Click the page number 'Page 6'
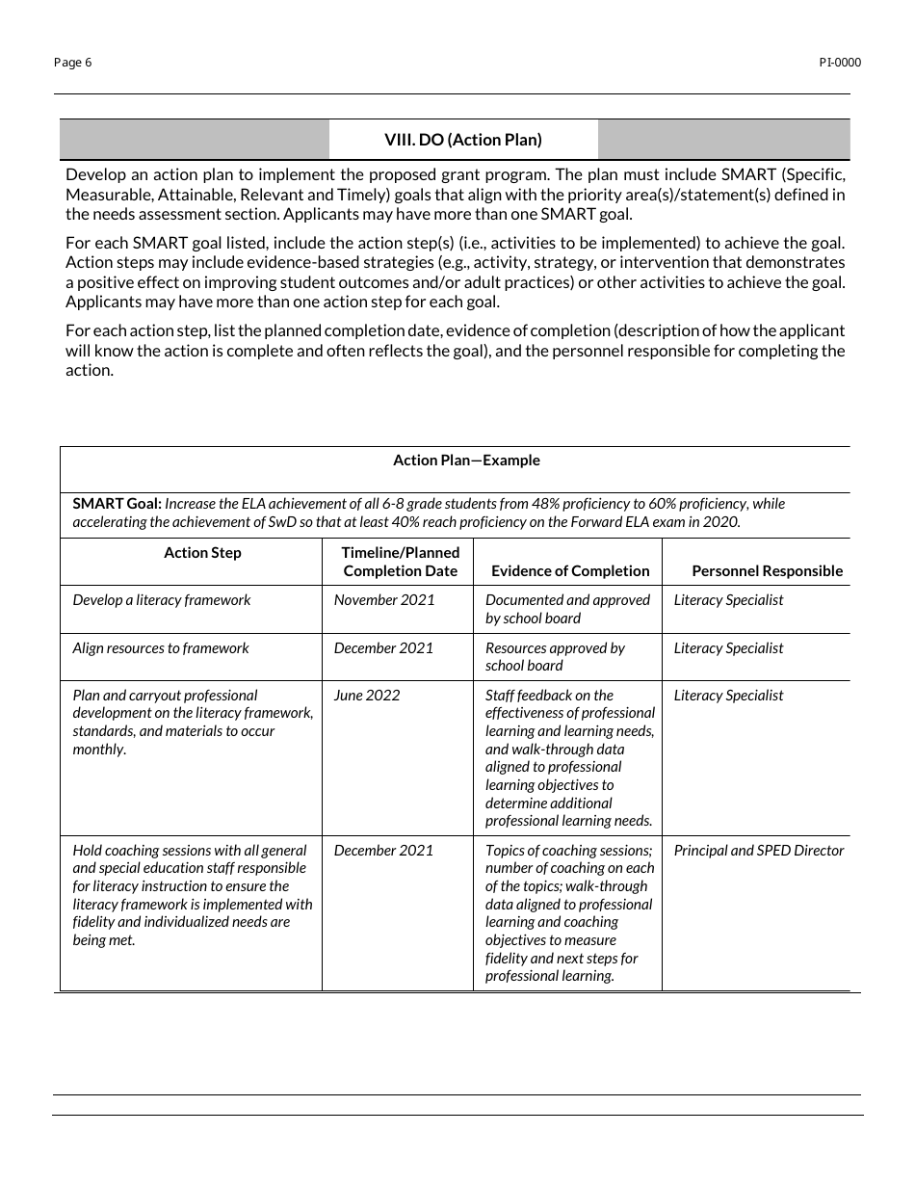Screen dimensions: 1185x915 click(x=73, y=63)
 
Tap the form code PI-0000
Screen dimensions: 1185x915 click(x=840, y=63)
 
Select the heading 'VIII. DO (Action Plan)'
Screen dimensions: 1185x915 click(x=463, y=140)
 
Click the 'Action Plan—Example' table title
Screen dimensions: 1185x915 click(x=466, y=461)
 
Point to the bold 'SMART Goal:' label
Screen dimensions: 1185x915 click(x=117, y=504)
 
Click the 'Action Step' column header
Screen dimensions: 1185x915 click(x=202, y=553)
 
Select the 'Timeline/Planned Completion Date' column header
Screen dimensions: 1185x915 click(x=401, y=562)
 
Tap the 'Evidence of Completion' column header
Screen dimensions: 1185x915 click(x=570, y=571)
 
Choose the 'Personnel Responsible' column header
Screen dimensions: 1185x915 click(x=767, y=571)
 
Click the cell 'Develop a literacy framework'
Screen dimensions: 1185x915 click(x=162, y=600)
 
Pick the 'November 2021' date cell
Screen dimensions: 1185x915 click(x=384, y=600)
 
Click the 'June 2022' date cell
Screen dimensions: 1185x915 click(x=367, y=696)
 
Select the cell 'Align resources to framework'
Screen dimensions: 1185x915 click(x=161, y=648)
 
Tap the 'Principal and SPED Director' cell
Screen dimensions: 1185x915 click(x=759, y=851)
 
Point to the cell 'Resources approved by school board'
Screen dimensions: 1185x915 click(x=555, y=657)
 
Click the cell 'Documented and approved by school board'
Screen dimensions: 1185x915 click(x=567, y=609)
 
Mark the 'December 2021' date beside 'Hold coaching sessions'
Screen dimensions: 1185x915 click(x=383, y=851)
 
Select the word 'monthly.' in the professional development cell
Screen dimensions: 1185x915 click(x=99, y=750)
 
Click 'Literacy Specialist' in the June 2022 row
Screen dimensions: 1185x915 click(x=728, y=696)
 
